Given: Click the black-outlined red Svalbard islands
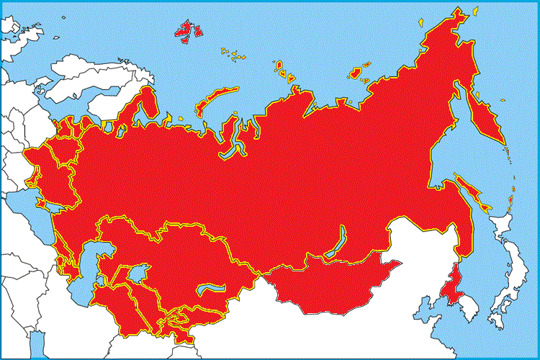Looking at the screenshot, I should tap(189, 30).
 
